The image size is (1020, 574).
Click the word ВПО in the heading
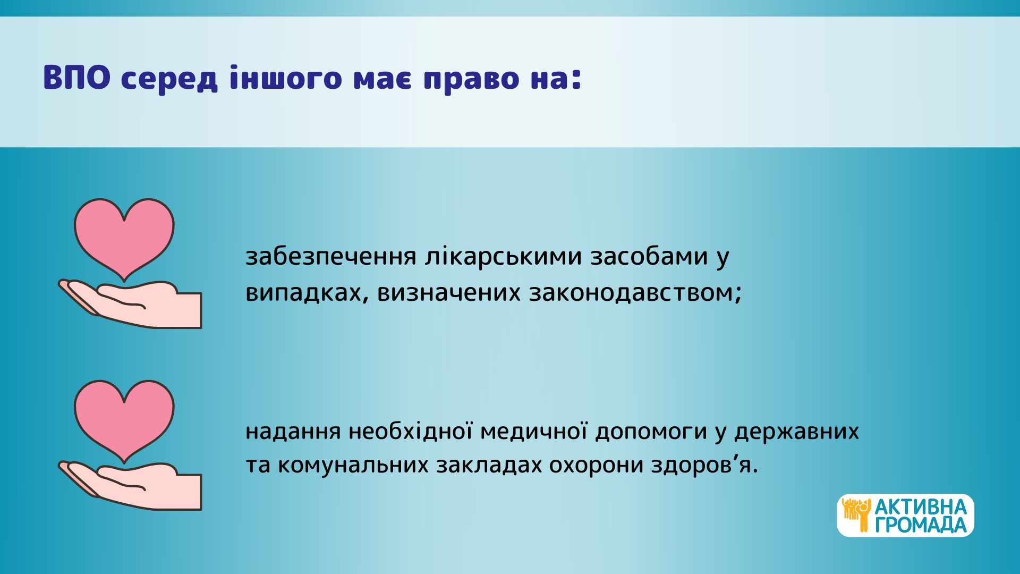click(77, 78)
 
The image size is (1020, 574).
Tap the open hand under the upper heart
click(130, 304)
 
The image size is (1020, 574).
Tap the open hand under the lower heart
click(130, 486)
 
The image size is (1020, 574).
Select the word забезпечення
click(331, 257)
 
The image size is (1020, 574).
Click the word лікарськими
click(504, 257)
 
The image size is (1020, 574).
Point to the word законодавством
click(631, 293)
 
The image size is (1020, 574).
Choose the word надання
click(293, 432)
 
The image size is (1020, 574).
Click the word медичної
click(533, 431)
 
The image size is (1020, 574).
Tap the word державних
click(796, 432)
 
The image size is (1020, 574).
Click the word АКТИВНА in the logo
click(921, 507)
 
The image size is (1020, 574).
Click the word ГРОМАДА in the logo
click(921, 525)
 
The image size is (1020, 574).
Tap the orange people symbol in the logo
click(856, 514)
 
